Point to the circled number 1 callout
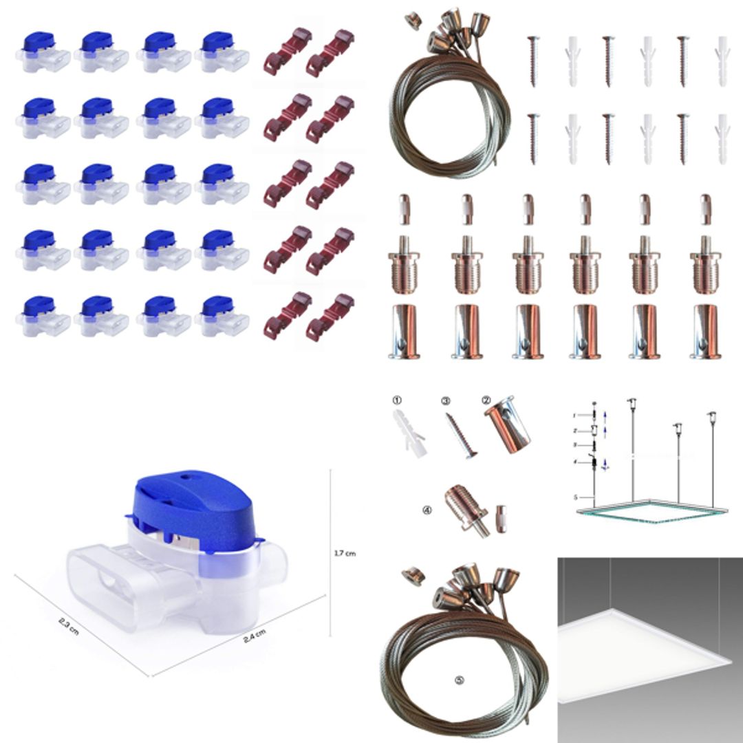pos(396,400)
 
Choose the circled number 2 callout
pos(486,400)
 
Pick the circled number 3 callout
pos(446,400)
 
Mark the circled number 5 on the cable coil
pos(460,679)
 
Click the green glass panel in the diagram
pos(650,512)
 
